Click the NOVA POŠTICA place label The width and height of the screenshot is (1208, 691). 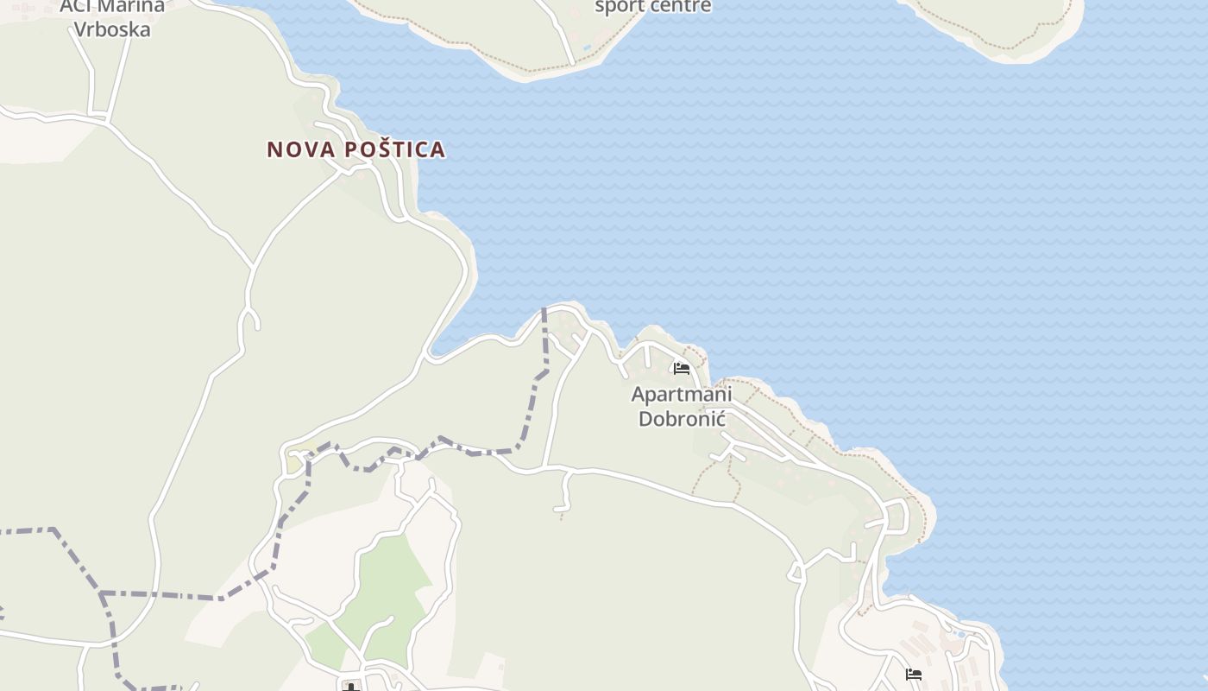[355, 149]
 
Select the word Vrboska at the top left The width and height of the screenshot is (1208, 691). [112, 29]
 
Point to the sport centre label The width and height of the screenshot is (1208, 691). [653, 7]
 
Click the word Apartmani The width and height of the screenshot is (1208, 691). [682, 395]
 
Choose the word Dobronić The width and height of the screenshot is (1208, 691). [682, 420]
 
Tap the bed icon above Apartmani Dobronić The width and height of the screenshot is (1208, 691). [682, 370]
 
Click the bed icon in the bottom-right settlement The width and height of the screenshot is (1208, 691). [914, 675]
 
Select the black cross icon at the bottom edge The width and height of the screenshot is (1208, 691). [351, 687]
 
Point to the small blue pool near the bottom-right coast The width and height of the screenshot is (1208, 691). [959, 634]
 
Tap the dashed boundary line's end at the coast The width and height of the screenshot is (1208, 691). [544, 309]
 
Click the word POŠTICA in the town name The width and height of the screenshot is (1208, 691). [395, 149]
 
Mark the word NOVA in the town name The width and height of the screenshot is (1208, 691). [301, 149]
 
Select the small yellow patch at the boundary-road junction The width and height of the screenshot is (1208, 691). [295, 464]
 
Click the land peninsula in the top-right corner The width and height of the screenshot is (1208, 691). [992, 22]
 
